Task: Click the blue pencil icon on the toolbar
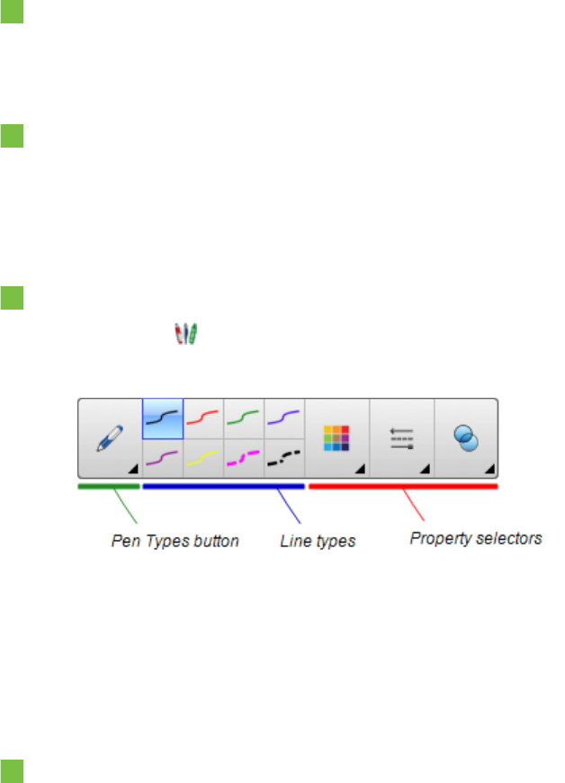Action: (110, 438)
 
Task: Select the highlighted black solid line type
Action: (163, 418)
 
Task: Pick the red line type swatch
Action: (203, 418)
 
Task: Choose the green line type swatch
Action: (244, 418)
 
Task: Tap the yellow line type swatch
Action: (203, 458)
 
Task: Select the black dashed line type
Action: (284, 458)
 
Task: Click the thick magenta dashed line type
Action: (244, 458)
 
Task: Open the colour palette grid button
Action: (337, 437)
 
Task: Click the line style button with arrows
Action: (401, 438)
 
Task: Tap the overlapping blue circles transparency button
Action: (466, 438)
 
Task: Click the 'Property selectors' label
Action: (476, 539)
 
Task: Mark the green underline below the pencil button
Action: (109, 487)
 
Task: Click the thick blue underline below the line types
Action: (223, 487)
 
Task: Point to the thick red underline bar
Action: (403, 487)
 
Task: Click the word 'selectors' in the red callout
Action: (513, 539)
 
